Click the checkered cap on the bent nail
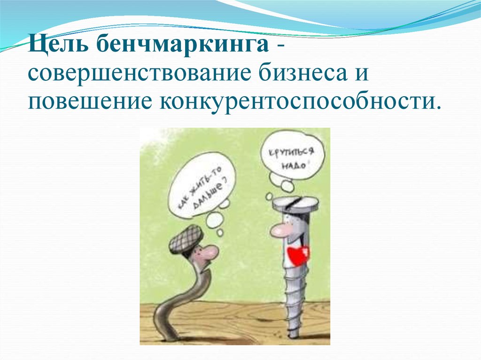pos(184,237)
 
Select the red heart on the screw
pos(299,253)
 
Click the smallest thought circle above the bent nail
pos(219,232)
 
